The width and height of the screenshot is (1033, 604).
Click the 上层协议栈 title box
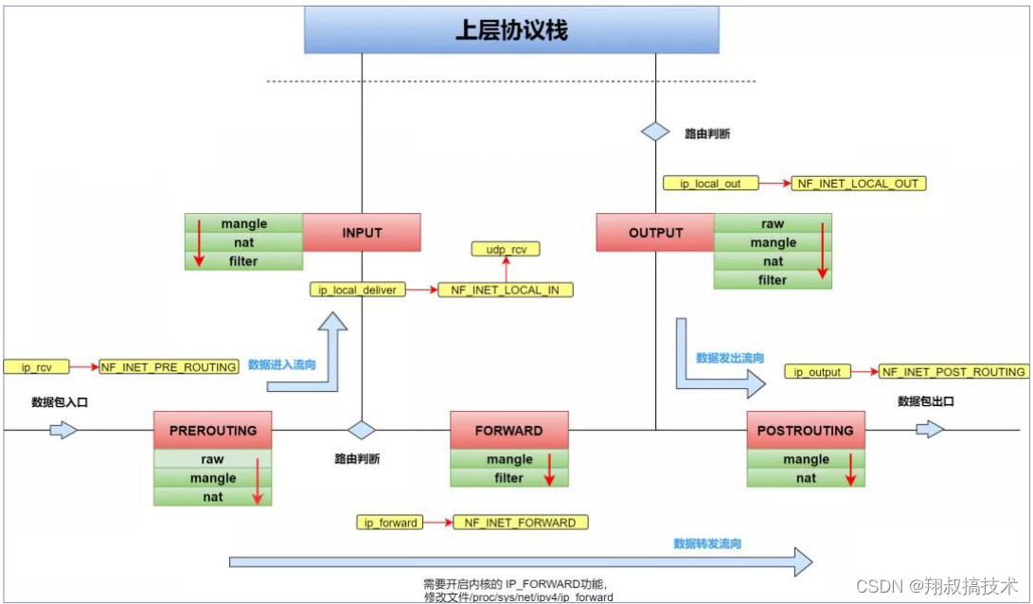click(x=511, y=30)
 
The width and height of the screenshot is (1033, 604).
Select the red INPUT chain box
click(x=361, y=232)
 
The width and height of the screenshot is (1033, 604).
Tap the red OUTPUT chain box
click(x=654, y=232)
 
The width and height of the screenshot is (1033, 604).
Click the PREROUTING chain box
click(x=212, y=430)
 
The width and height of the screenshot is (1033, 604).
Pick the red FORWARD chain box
click(x=508, y=430)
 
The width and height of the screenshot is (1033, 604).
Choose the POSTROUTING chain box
click(x=806, y=430)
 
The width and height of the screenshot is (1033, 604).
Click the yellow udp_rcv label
click(x=506, y=249)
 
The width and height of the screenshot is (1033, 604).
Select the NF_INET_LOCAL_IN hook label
click(x=506, y=290)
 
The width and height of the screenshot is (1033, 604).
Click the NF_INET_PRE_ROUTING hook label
click(x=169, y=366)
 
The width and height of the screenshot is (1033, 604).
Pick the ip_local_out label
click(x=704, y=183)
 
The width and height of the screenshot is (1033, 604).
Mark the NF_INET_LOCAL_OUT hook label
click(x=858, y=183)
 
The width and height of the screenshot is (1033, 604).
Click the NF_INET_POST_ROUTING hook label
click(x=953, y=372)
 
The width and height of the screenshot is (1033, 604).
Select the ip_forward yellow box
click(x=390, y=523)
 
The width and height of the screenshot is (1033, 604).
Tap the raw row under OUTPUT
click(x=773, y=224)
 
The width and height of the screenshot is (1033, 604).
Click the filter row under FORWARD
click(x=509, y=478)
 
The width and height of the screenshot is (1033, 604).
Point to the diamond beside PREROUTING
click(x=361, y=430)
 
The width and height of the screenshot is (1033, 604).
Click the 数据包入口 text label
click(x=61, y=401)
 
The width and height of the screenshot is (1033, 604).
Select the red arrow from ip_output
click(x=864, y=372)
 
